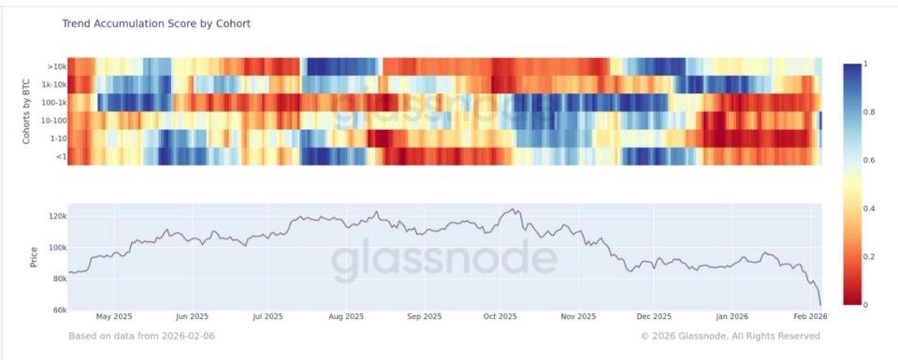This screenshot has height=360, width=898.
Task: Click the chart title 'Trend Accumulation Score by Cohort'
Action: (x=156, y=22)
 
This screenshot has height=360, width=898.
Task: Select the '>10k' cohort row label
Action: (x=55, y=66)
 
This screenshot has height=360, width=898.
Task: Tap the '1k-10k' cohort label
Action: (x=52, y=83)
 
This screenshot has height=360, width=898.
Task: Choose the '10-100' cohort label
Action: (x=52, y=120)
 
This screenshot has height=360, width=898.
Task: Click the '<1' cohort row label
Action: (x=59, y=156)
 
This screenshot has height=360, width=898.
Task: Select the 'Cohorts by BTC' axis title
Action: (x=26, y=111)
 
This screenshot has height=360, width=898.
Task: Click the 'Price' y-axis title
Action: (x=34, y=257)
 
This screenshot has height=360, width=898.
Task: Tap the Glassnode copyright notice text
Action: (x=731, y=336)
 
